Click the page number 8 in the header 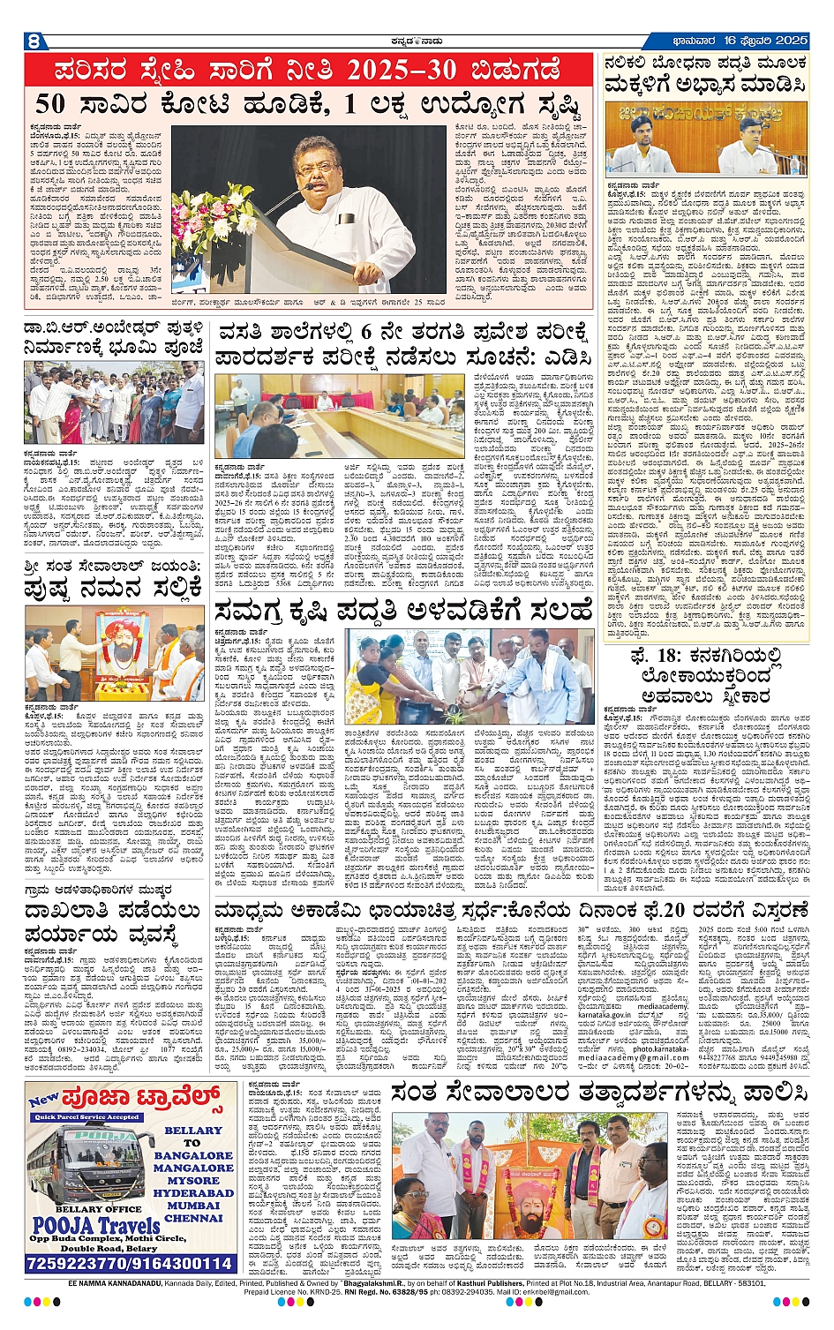[34, 41]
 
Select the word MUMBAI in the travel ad [193, 1206]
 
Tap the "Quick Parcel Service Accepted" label [87, 1116]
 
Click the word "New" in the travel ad [43, 1101]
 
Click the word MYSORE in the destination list [193, 1180]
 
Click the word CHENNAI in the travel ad [193, 1218]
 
